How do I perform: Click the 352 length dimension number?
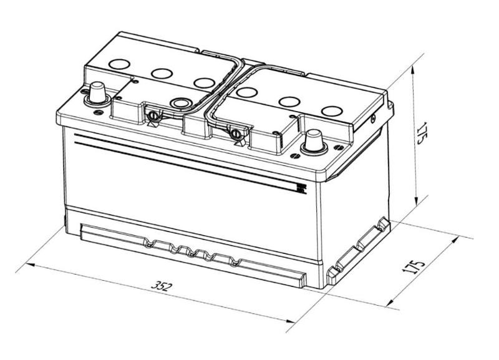pyautogui.click(x=162, y=286)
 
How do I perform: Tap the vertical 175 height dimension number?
pyautogui.click(x=424, y=132)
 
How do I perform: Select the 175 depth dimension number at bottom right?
pyautogui.click(x=413, y=267)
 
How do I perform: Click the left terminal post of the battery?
pyautogui.click(x=97, y=94)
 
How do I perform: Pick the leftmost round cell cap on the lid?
pyautogui.click(x=119, y=64)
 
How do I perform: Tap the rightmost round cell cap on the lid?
pyautogui.click(x=332, y=111)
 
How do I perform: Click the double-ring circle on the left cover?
pyautogui.click(x=180, y=103)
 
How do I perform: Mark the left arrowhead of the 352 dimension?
pyautogui.click(x=30, y=265)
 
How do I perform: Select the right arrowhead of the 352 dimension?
pyautogui.click(x=290, y=321)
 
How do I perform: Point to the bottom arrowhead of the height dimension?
pyautogui.click(x=415, y=201)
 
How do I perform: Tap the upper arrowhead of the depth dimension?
pyautogui.click(x=455, y=240)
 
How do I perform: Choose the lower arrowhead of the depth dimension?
pyautogui.click(x=390, y=303)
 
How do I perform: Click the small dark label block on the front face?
pyautogui.click(x=301, y=189)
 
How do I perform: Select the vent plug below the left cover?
pyautogui.click(x=153, y=116)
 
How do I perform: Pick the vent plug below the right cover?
pyautogui.click(x=236, y=134)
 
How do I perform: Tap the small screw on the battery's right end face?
pyautogui.click(x=373, y=119)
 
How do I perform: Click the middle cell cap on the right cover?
pyautogui.click(x=289, y=102)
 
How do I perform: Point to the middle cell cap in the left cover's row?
pyautogui.click(x=162, y=74)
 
